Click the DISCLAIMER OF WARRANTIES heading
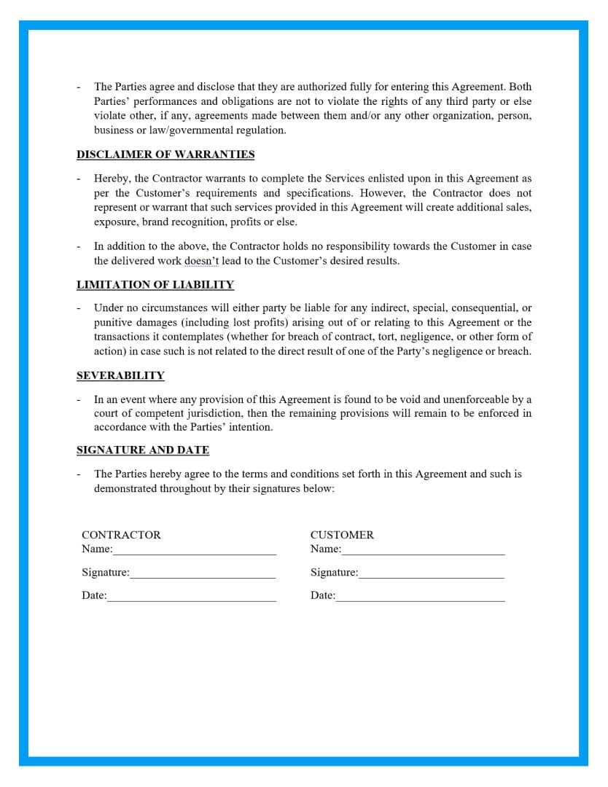tap(165, 154)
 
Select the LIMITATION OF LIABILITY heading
tap(155, 284)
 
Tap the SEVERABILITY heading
tap(120, 375)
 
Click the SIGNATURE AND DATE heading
tap(143, 450)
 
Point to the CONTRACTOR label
tap(121, 535)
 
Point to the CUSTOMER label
tap(342, 535)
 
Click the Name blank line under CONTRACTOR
tap(195, 551)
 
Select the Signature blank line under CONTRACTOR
tap(203, 575)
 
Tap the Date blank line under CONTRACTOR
tap(192, 598)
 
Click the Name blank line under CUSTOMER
tap(423, 551)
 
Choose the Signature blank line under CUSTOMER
tap(431, 575)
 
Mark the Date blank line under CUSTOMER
tap(420, 598)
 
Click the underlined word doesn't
tap(200, 261)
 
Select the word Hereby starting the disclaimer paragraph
tap(112, 179)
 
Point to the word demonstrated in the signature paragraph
tap(127, 488)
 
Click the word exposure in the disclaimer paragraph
tap(114, 222)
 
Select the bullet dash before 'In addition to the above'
tap(79, 247)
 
